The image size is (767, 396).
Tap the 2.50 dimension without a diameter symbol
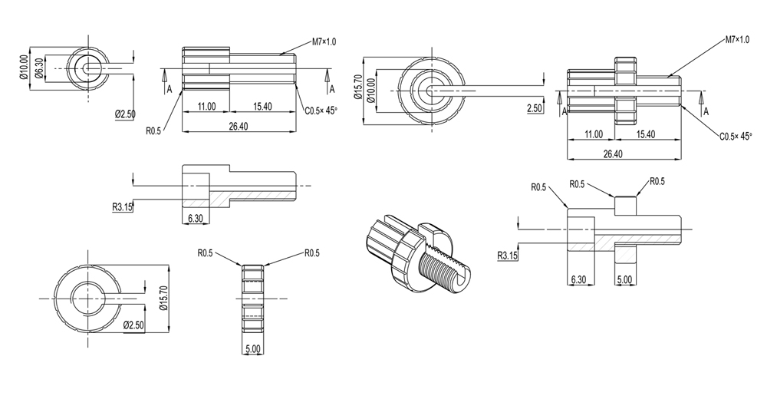535,110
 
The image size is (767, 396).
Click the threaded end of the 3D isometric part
453,273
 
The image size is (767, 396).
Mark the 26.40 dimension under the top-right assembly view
613,154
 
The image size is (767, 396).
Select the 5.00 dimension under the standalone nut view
253,348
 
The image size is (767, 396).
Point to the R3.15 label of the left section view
123,205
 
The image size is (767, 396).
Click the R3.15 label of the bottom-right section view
509,256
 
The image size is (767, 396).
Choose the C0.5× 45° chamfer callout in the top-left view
321,111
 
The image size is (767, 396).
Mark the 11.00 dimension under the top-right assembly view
593,134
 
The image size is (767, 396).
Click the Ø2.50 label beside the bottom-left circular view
134,325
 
